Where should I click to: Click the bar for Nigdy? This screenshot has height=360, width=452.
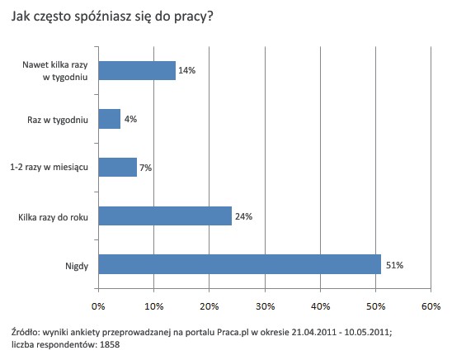tap(239, 264)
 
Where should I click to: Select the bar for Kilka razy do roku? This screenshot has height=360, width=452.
tap(165, 216)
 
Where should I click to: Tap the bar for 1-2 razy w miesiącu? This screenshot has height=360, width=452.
tap(117, 168)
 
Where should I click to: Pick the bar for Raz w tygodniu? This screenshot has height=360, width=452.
tap(109, 119)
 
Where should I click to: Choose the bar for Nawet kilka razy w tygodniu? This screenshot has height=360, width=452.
tap(137, 71)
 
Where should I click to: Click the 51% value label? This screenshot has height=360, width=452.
tap(395, 264)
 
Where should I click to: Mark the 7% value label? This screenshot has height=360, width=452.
tap(147, 168)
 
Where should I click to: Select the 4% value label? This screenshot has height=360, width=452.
tap(130, 120)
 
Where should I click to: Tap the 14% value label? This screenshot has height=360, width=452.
tap(186, 71)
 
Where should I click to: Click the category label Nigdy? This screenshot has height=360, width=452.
tap(77, 264)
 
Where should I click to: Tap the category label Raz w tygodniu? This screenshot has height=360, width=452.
tap(59, 120)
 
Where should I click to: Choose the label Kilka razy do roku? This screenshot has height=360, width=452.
tap(53, 216)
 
